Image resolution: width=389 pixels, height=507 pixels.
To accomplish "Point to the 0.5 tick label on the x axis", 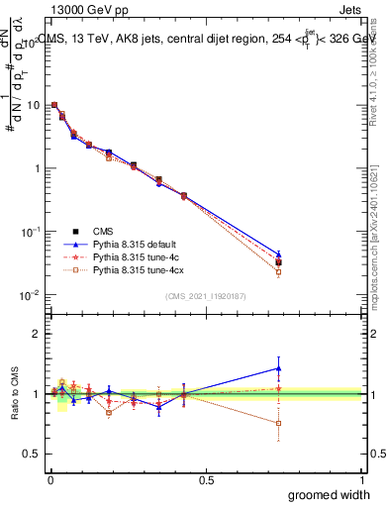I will click(206, 479).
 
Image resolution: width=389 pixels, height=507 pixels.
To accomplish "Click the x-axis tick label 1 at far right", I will click(361, 479).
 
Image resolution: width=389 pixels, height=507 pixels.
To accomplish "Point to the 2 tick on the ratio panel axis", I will click(37, 334).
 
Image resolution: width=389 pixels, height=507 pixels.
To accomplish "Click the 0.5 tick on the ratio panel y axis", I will click(32, 454).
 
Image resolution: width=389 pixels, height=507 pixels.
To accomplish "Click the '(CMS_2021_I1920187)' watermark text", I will click(206, 295).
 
